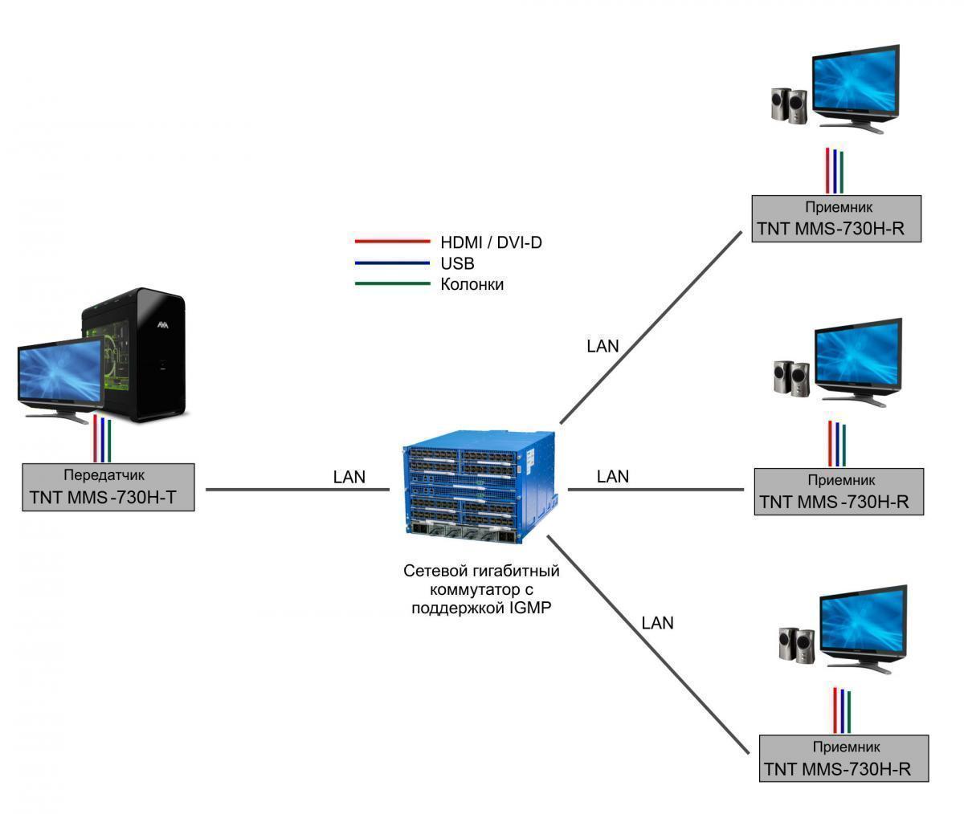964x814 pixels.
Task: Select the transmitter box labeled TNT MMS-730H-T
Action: [x=108, y=487]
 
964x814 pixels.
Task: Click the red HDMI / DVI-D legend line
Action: [x=393, y=241]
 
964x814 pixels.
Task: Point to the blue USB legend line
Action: [x=393, y=263]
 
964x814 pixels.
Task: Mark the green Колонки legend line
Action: [x=393, y=283]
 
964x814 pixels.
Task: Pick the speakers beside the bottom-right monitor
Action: [x=796, y=644]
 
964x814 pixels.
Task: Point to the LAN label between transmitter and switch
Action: [x=349, y=477]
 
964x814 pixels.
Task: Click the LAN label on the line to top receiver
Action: [x=603, y=346]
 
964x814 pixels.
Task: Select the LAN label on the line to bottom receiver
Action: [x=658, y=623]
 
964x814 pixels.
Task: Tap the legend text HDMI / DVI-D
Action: [x=491, y=242]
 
